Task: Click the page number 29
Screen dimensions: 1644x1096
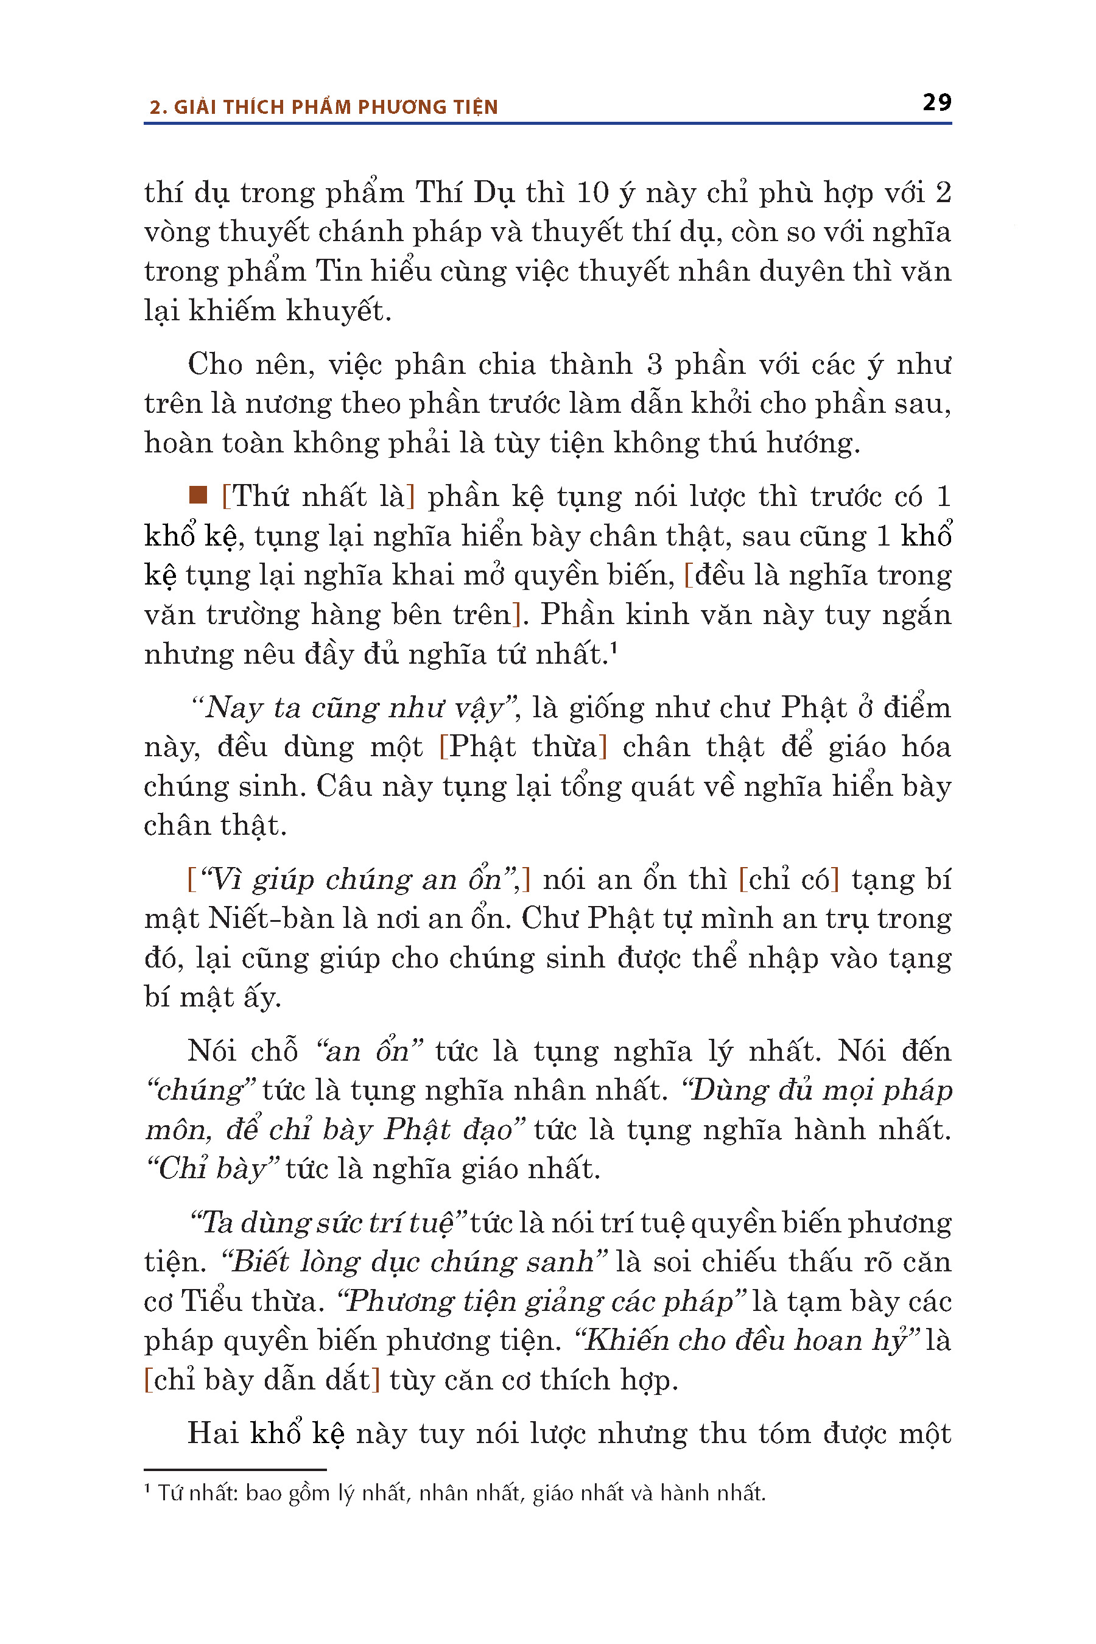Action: [936, 103]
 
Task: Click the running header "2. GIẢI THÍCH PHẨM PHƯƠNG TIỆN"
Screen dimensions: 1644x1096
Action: [324, 107]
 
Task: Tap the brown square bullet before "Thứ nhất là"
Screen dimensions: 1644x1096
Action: [198, 496]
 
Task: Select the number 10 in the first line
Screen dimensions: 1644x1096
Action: [592, 193]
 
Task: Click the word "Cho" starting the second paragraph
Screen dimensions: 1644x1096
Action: [214, 364]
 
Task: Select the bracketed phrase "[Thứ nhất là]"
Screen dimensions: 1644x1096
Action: [318, 496]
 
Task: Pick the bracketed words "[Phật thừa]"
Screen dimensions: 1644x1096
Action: [523, 747]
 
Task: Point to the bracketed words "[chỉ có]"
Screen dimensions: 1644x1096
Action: [789, 879]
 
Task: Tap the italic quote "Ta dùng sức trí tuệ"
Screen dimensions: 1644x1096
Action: [328, 1223]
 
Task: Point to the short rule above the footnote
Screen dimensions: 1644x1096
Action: [235, 1470]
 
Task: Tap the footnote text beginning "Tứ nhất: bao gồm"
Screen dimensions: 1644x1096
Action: [462, 1493]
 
